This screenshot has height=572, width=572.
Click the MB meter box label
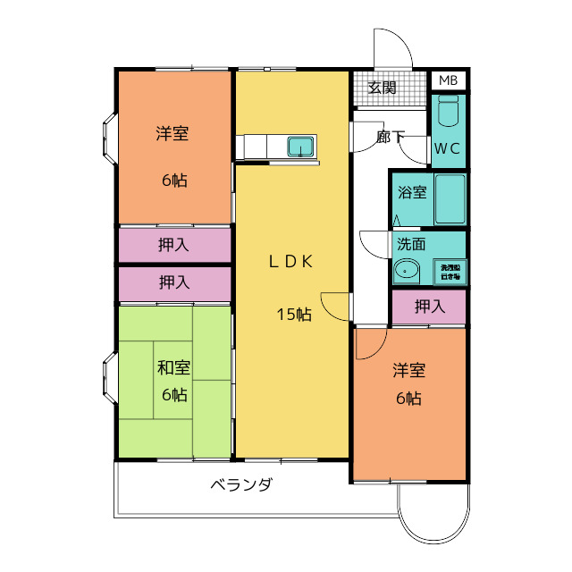click(x=449, y=80)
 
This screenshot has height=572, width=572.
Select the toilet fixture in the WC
click(x=449, y=114)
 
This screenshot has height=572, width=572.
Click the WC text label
click(x=448, y=148)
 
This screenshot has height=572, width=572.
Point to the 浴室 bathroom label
click(x=412, y=192)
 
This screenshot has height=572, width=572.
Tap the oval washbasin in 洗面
click(x=408, y=269)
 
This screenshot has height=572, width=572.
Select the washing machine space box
click(x=449, y=270)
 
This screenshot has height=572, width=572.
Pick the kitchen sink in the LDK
click(x=300, y=146)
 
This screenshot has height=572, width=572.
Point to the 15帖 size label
click(x=293, y=314)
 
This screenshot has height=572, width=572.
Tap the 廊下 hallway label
click(x=390, y=137)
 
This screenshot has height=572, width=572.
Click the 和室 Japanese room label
click(x=173, y=367)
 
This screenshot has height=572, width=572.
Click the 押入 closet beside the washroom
click(x=430, y=307)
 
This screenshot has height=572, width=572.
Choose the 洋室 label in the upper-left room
click(x=173, y=134)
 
